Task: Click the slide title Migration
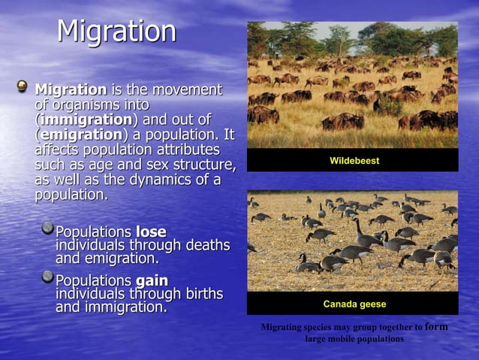click(116, 32)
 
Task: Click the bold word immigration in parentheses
click(86, 120)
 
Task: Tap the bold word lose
click(151, 231)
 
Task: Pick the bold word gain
click(152, 280)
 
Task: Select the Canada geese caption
click(354, 304)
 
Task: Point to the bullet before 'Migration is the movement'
click(23, 88)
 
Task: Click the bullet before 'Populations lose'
click(47, 228)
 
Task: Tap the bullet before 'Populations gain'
click(47, 277)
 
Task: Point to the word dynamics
click(169, 180)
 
